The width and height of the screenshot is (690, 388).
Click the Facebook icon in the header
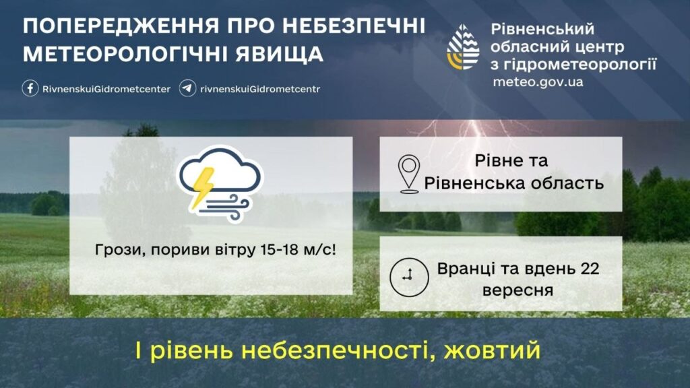(30, 88)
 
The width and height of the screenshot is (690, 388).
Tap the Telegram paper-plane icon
(187, 88)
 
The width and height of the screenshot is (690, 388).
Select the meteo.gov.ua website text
(538, 82)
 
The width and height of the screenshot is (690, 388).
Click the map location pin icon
(409, 174)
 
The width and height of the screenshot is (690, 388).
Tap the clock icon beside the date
(409, 277)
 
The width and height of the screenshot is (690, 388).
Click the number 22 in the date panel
(590, 269)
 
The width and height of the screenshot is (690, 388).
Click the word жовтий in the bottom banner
(492, 350)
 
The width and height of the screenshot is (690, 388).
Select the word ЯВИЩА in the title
(279, 54)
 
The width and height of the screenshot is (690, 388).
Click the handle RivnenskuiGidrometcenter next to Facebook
(106, 89)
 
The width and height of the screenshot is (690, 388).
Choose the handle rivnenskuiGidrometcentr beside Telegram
(260, 89)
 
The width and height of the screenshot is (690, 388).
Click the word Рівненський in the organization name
(542, 30)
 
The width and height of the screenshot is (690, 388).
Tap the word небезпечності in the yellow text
(339, 350)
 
